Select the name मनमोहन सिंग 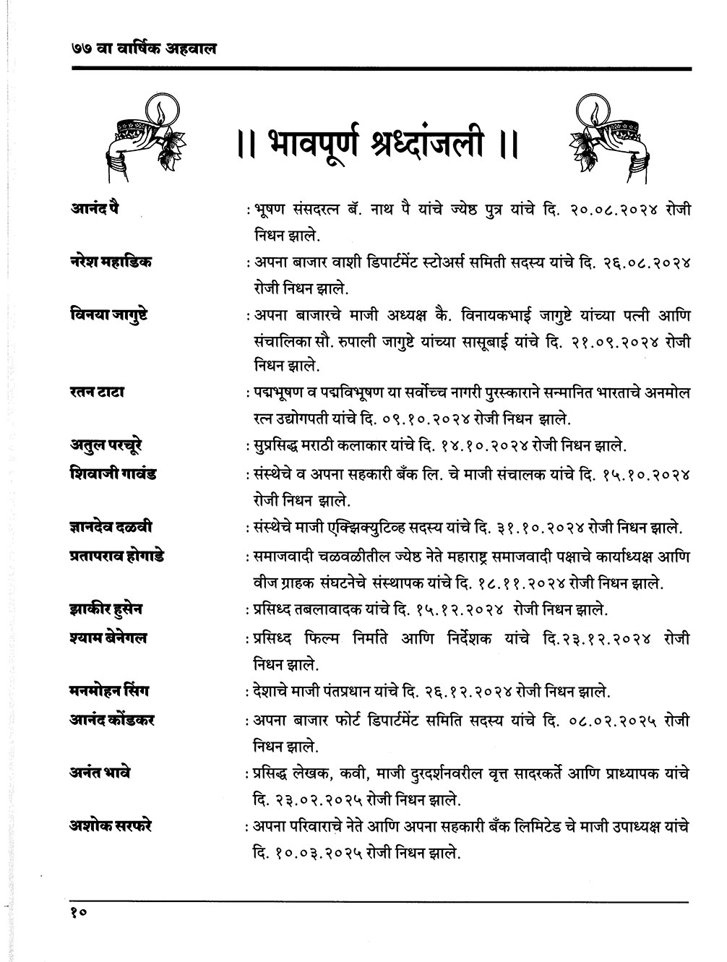[106, 692]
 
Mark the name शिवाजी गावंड [109, 474]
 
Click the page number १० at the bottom [79, 913]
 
